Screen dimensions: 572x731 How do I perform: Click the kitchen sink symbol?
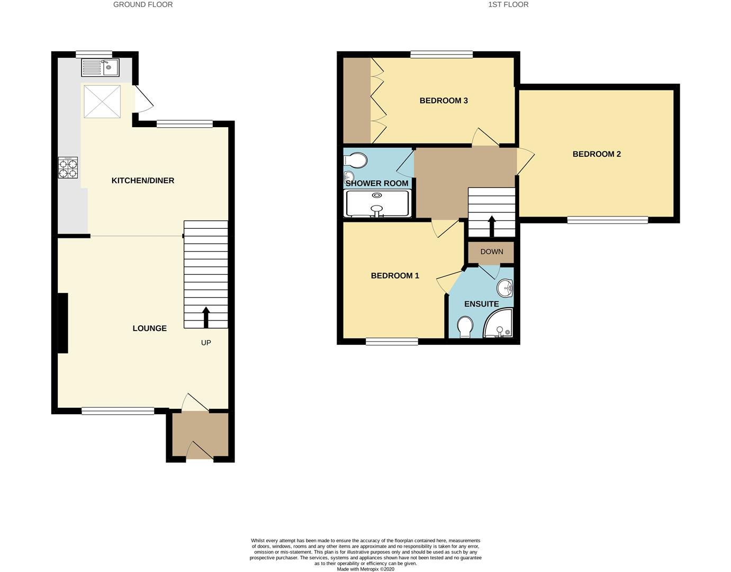coord(101,67)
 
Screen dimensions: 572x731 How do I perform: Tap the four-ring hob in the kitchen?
coord(68,167)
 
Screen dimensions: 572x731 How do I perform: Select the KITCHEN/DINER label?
coord(143,181)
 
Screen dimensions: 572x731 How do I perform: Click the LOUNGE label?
coord(149,328)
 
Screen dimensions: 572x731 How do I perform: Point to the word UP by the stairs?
coord(206,343)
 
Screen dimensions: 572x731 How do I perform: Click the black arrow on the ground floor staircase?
coord(205,317)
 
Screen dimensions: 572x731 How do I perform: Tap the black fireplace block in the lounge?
coord(62,323)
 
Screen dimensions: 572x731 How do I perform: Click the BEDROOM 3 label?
coord(444,101)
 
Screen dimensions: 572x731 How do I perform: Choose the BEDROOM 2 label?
coord(597,154)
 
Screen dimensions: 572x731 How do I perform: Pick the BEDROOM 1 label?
coord(395,275)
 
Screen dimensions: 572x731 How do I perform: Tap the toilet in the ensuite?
coord(465,327)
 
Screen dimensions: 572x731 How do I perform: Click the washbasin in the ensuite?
coord(505,289)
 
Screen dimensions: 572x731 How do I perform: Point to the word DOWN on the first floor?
coord(492,252)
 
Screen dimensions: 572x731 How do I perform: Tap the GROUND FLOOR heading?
coord(143,4)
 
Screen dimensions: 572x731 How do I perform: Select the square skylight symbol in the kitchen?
coord(102,101)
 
